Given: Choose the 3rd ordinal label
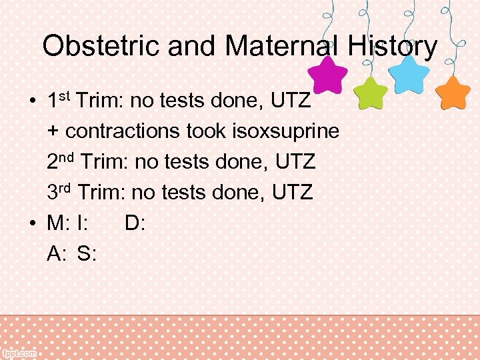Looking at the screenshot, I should tap(59, 193).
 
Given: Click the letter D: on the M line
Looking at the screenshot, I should tap(135, 223).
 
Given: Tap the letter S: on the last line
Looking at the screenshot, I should tap(87, 253).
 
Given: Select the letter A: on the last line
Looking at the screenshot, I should tap(57, 253).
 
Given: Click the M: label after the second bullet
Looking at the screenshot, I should tap(58, 223).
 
